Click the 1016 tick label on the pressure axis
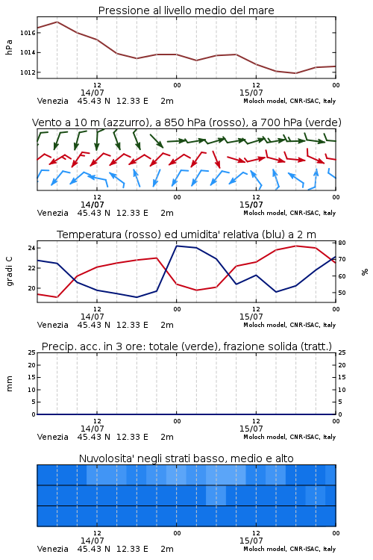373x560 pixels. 28,33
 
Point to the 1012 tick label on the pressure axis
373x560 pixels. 28,72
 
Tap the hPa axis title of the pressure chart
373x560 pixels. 9,47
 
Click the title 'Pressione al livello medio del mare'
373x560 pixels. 186,10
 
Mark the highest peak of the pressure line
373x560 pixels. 57,22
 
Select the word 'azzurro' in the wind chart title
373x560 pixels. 125,122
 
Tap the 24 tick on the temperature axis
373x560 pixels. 31,248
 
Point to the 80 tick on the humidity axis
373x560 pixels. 342,243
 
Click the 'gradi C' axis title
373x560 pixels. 9,271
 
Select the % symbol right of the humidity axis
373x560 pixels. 365,272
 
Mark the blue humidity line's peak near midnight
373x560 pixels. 176,246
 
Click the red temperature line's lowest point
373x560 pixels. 57,297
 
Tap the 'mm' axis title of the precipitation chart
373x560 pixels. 9,384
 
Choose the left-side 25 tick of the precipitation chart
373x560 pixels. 32,352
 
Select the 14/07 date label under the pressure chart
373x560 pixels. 92,93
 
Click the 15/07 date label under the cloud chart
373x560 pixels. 251,541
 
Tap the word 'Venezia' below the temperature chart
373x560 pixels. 52,325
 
